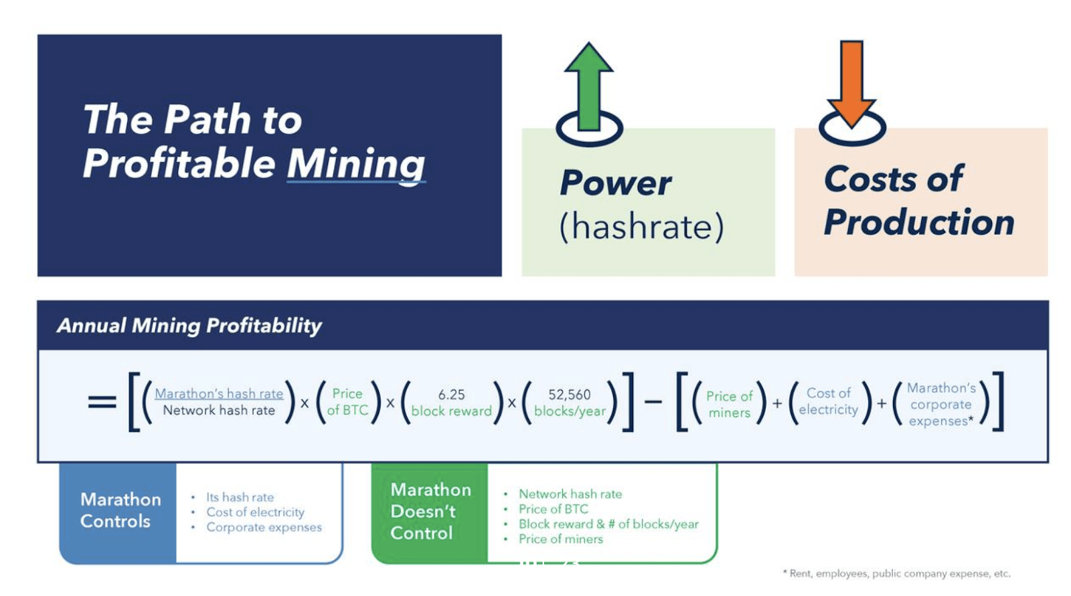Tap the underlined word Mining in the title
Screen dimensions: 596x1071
(x=355, y=164)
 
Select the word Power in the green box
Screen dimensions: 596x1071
(x=615, y=183)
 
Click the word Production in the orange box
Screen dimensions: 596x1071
(x=918, y=222)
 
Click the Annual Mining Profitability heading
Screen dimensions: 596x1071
(x=189, y=326)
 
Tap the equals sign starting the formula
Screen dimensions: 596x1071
(x=102, y=402)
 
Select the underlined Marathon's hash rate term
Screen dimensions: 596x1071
(x=219, y=393)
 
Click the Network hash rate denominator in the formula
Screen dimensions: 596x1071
(x=219, y=411)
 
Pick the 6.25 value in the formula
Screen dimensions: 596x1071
(x=451, y=395)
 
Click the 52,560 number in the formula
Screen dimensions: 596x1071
(x=570, y=395)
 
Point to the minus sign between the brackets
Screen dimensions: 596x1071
(x=653, y=402)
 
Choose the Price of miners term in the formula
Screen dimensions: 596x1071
(x=729, y=404)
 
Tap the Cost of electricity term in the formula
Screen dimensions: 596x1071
(x=828, y=401)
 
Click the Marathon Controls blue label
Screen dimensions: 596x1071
(x=119, y=510)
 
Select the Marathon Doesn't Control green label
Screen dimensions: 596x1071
(x=430, y=512)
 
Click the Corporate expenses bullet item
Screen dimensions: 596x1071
(x=264, y=527)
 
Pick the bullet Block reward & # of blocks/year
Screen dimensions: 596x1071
(x=608, y=524)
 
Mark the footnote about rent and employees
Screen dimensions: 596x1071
(x=897, y=573)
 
